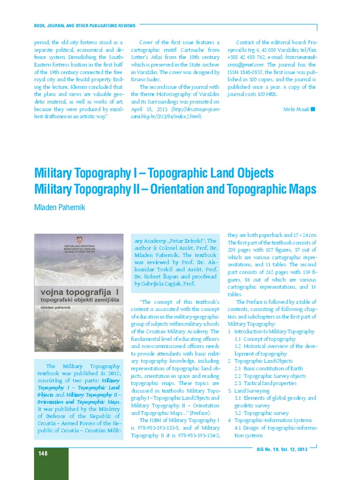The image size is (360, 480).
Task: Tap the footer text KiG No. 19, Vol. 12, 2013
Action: tap(282, 450)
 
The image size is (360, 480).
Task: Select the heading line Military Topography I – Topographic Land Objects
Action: tap(154, 173)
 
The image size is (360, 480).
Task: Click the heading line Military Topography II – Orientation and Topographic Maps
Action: tap(175, 189)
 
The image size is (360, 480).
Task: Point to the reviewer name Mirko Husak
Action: tap(296, 109)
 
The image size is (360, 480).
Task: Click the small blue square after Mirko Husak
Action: tap(313, 109)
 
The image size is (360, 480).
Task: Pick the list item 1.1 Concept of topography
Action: tap(265, 339)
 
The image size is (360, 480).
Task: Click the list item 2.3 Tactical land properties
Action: tap(265, 383)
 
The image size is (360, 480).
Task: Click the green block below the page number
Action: tap(51, 469)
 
